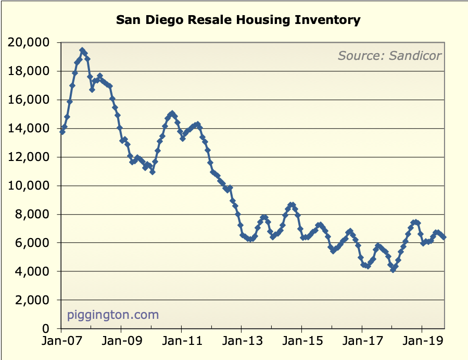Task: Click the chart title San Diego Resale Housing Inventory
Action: pyautogui.click(x=238, y=20)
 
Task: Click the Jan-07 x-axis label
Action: pyautogui.click(x=61, y=343)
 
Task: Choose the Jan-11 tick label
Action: pyautogui.click(x=181, y=343)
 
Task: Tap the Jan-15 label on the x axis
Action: pyautogui.click(x=301, y=343)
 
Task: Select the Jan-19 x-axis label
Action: pyautogui.click(x=421, y=343)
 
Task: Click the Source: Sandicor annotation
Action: pyautogui.click(x=389, y=55)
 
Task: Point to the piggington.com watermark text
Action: pyautogui.click(x=113, y=315)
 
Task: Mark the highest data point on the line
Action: pyautogui.click(x=82, y=51)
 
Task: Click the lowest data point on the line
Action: pyautogui.click(x=393, y=270)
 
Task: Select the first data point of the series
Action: pyautogui.click(x=62, y=132)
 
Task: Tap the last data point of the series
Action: pyautogui.click(x=444, y=237)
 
